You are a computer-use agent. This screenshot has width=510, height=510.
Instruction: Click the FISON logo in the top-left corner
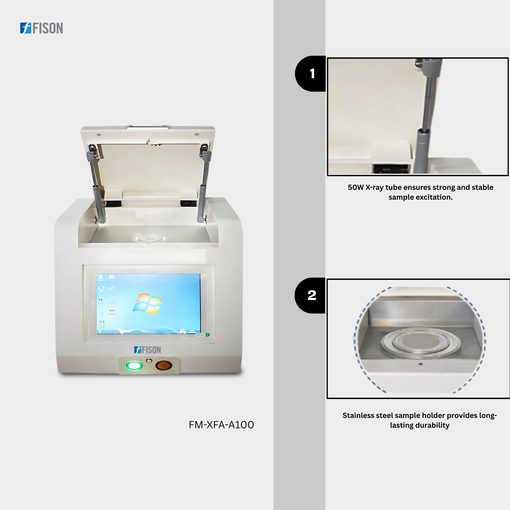coord(41,28)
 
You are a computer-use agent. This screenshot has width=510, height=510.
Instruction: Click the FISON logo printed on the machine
coord(148,350)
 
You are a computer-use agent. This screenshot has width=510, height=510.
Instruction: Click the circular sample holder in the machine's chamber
coord(149,238)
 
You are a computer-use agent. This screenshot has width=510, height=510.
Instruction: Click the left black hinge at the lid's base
coord(114,204)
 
